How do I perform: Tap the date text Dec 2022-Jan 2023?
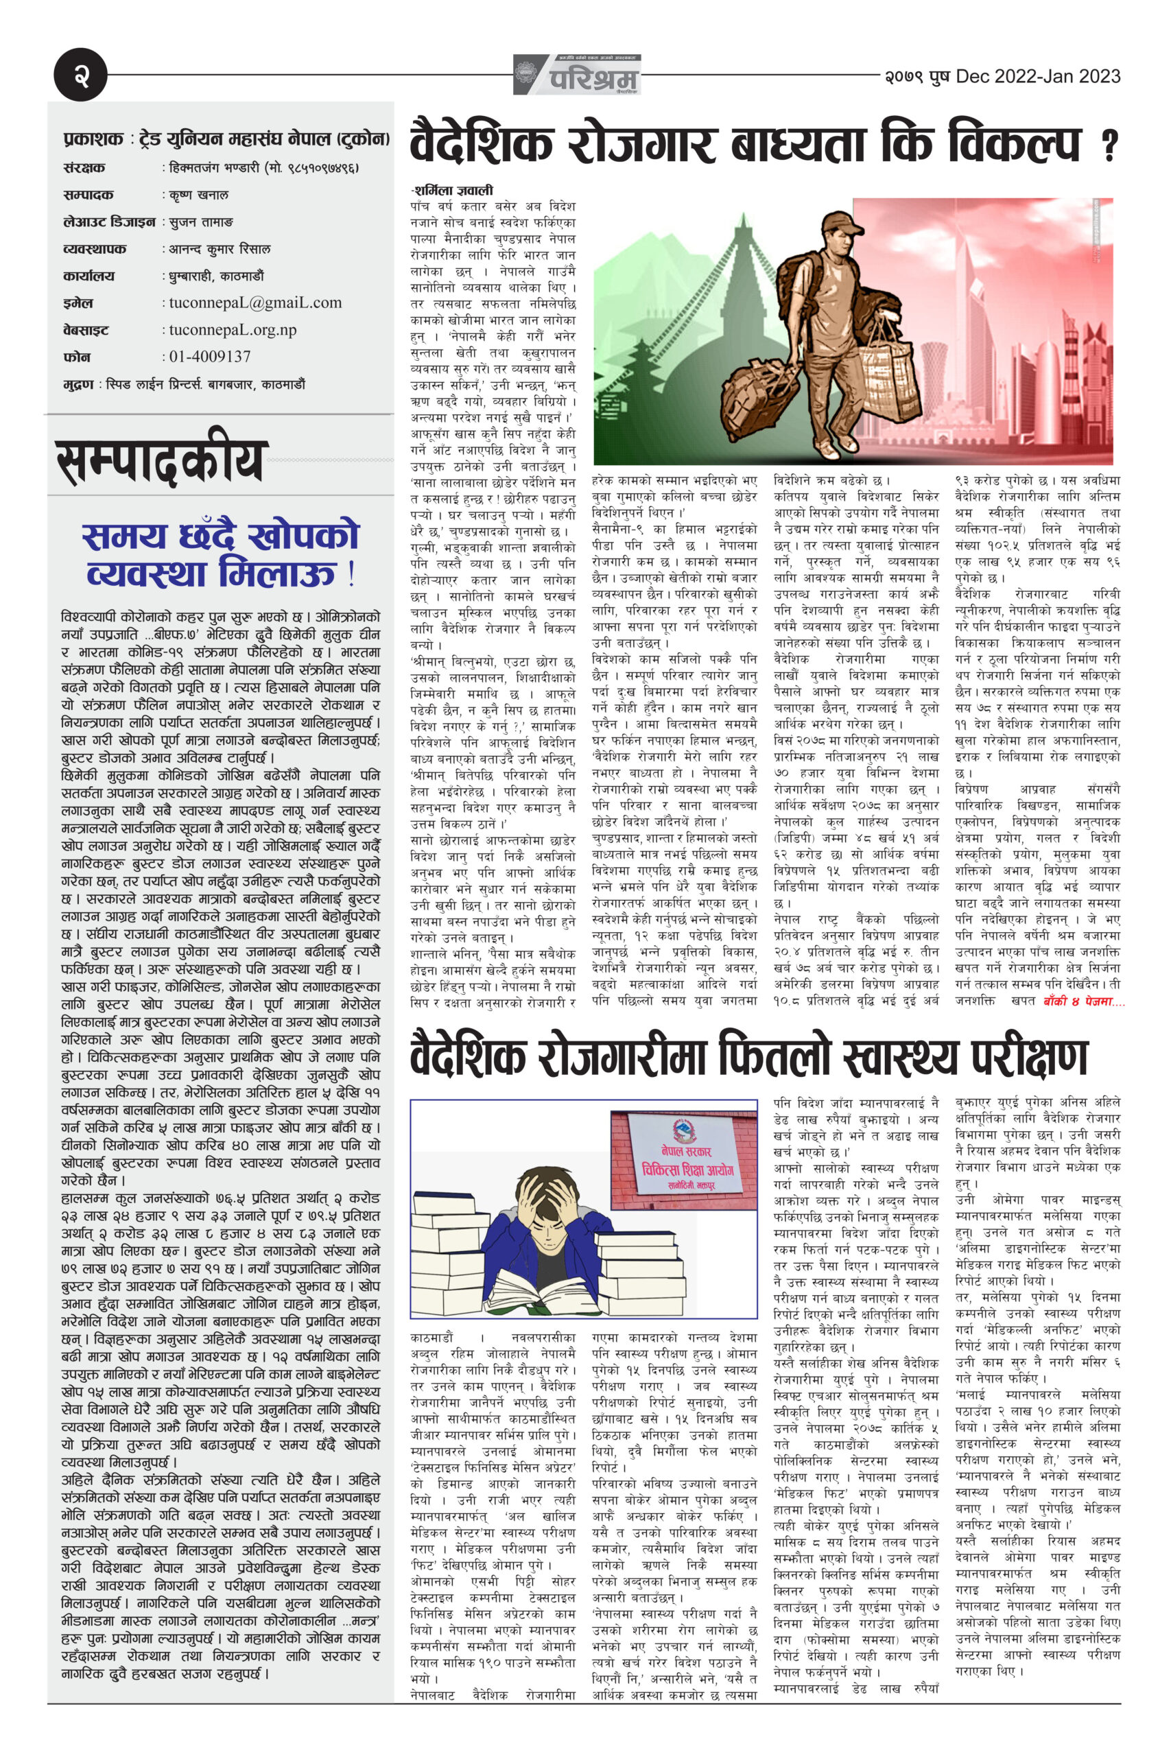1038,76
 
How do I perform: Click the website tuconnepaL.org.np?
233,329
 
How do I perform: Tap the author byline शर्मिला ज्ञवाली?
451,191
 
